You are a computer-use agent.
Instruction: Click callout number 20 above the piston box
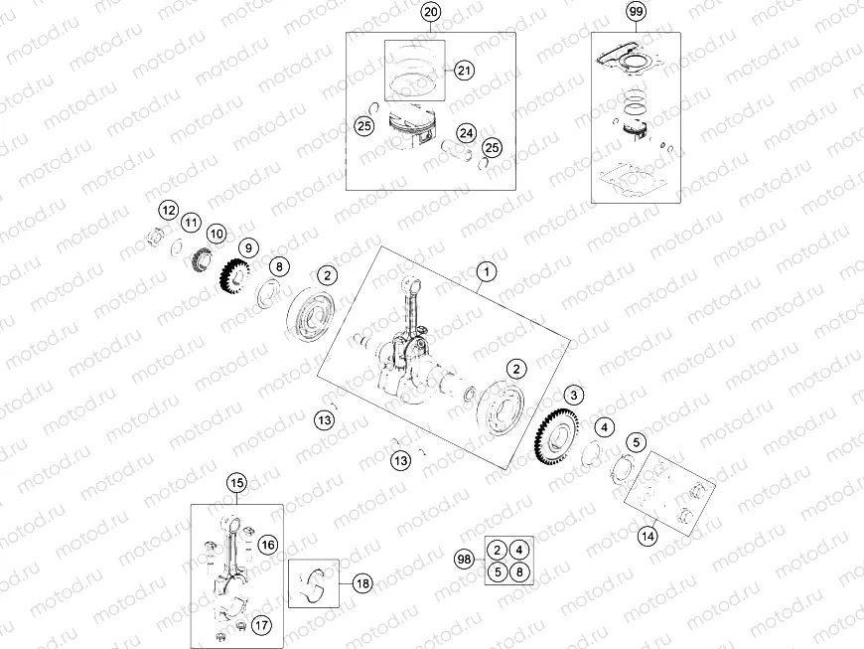[430, 12]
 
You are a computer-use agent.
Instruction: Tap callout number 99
[636, 12]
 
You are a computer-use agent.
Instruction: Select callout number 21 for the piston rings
[465, 70]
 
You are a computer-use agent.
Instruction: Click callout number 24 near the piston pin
[466, 133]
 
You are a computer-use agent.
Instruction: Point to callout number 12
[169, 210]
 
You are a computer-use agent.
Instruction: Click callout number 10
[216, 233]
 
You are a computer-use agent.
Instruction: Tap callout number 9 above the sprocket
[247, 247]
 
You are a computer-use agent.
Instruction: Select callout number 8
[279, 266]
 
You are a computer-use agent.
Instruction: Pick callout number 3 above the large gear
[574, 397]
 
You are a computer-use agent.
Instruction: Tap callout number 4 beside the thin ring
[605, 427]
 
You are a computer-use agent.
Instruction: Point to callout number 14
[648, 537]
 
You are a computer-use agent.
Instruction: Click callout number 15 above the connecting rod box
[236, 483]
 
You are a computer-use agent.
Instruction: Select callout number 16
[267, 544]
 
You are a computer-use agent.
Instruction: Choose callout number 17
[261, 625]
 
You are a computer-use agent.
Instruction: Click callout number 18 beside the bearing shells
[361, 583]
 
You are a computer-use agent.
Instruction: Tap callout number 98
[464, 561]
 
